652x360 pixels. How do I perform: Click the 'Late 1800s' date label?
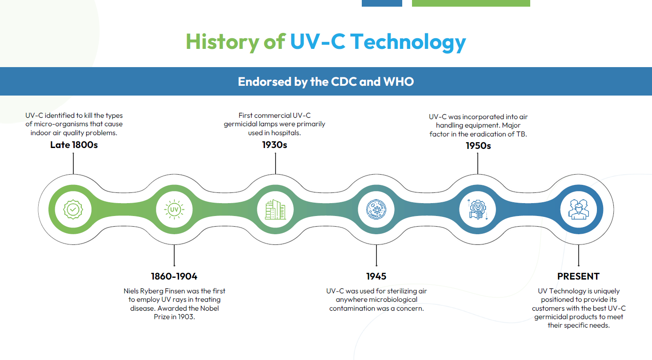74,144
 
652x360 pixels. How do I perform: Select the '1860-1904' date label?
174,276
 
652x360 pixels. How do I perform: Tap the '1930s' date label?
275,144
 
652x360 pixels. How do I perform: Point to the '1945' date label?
376,276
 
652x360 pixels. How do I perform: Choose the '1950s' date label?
478,145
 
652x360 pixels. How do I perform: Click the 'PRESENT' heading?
578,276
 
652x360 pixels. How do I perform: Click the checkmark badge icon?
73,209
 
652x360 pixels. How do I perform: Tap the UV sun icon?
174,209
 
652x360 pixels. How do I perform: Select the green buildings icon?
275,209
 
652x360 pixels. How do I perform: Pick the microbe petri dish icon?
376,209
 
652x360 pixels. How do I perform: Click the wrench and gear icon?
477,209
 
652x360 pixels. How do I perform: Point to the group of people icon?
578,209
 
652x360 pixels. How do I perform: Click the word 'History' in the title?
222,42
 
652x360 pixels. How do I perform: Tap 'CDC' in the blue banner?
344,82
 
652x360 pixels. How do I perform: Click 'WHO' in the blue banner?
399,82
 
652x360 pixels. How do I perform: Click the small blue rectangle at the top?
382,3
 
